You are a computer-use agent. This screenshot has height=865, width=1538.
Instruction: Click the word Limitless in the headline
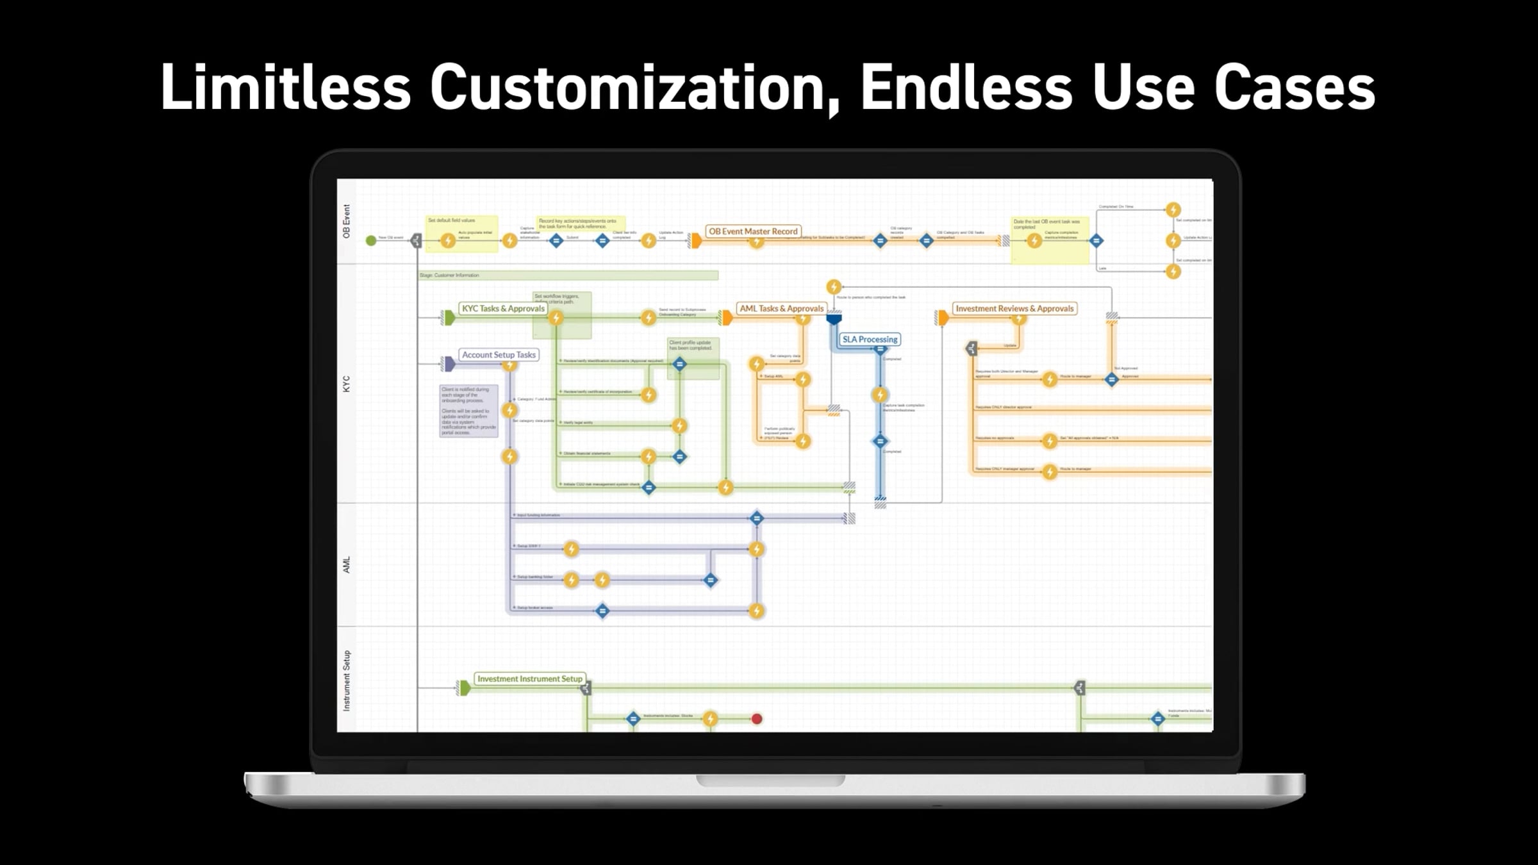tap(285, 87)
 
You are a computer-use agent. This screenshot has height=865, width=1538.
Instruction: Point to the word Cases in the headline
tap(1294, 87)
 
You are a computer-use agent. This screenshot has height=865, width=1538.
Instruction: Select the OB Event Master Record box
tap(753, 231)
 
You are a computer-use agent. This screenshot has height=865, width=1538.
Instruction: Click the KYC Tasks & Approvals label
tap(503, 308)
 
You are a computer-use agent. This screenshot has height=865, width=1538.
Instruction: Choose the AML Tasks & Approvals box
tap(781, 308)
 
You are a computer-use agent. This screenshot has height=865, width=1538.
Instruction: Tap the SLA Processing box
tap(870, 339)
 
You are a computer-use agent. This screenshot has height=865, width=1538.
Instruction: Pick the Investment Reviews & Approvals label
tap(1014, 308)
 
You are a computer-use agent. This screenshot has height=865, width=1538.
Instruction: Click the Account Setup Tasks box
tap(499, 354)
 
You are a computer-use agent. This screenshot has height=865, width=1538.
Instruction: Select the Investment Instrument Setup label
tap(529, 679)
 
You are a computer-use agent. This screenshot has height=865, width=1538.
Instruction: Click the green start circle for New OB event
tap(370, 240)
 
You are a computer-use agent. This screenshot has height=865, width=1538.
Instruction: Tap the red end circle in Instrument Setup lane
tap(757, 719)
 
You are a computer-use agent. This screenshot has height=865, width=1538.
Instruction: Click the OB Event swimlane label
tap(347, 221)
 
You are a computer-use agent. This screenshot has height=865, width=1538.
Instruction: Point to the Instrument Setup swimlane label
tap(347, 680)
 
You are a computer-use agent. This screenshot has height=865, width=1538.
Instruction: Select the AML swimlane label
tap(347, 564)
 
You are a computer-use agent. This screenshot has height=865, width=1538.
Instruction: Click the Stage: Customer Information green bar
tap(568, 276)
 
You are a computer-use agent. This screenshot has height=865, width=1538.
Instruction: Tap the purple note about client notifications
tap(468, 411)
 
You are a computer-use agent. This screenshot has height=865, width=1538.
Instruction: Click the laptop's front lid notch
tap(770, 780)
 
